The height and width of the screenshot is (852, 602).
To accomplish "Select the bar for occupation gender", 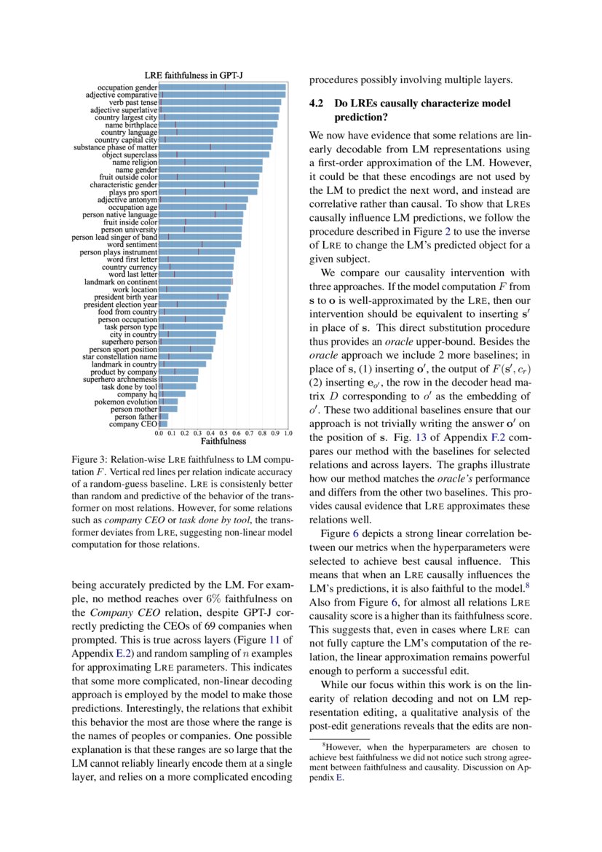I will tap(222, 87).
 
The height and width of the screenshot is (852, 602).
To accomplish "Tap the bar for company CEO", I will tap(164, 423).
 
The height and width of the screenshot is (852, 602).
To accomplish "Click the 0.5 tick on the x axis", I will tap(223, 434).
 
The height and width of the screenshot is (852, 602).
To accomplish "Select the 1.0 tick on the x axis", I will tap(288, 434).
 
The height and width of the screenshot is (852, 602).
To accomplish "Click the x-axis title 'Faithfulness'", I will tap(223, 442).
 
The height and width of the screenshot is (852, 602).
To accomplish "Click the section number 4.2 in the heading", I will tap(316, 104).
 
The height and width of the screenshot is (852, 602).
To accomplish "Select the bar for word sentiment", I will tap(200, 244).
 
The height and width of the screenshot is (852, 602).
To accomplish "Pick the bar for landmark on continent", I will tap(196, 281).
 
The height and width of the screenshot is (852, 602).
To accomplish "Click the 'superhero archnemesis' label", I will tap(120, 379).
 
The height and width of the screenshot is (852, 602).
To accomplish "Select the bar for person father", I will tap(164, 416).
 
